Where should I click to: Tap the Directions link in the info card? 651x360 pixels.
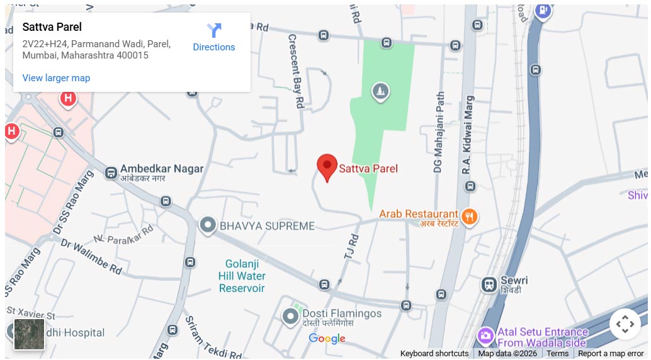tap(214, 38)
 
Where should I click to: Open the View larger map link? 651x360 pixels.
tap(56, 78)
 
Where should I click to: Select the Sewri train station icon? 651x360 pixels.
tap(489, 284)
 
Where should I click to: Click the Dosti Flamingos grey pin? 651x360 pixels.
tap(290, 316)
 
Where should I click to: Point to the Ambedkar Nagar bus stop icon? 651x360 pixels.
tap(111, 172)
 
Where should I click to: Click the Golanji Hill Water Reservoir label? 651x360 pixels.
tap(242, 276)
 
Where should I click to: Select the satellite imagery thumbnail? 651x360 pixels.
tap(30, 334)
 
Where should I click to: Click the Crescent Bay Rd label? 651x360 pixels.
tap(297, 71)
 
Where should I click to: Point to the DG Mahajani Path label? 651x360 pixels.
tap(439, 132)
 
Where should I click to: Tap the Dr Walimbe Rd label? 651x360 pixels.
tap(91, 256)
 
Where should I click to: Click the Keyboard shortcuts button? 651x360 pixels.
tap(434, 354)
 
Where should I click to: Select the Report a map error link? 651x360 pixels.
tap(611, 354)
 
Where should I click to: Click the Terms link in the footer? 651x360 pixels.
tap(557, 354)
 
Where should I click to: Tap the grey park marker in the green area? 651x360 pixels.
tap(380, 92)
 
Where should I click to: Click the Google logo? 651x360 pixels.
tap(327, 339)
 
